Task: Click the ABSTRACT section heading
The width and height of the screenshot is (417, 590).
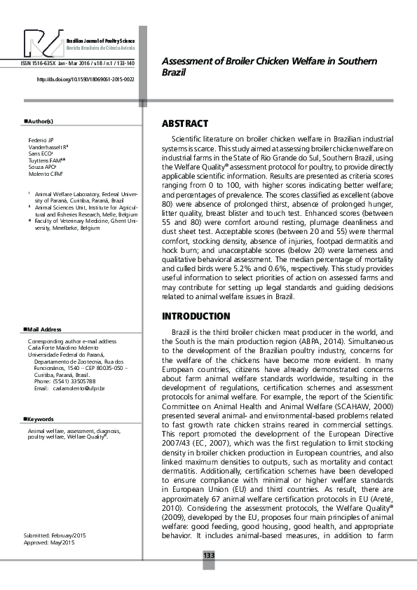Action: coord(185,123)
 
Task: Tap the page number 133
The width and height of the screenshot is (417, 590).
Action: coord(208,555)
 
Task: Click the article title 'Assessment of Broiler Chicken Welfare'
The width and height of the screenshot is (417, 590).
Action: coord(269,67)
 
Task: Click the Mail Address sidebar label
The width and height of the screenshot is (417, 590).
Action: coord(44,329)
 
